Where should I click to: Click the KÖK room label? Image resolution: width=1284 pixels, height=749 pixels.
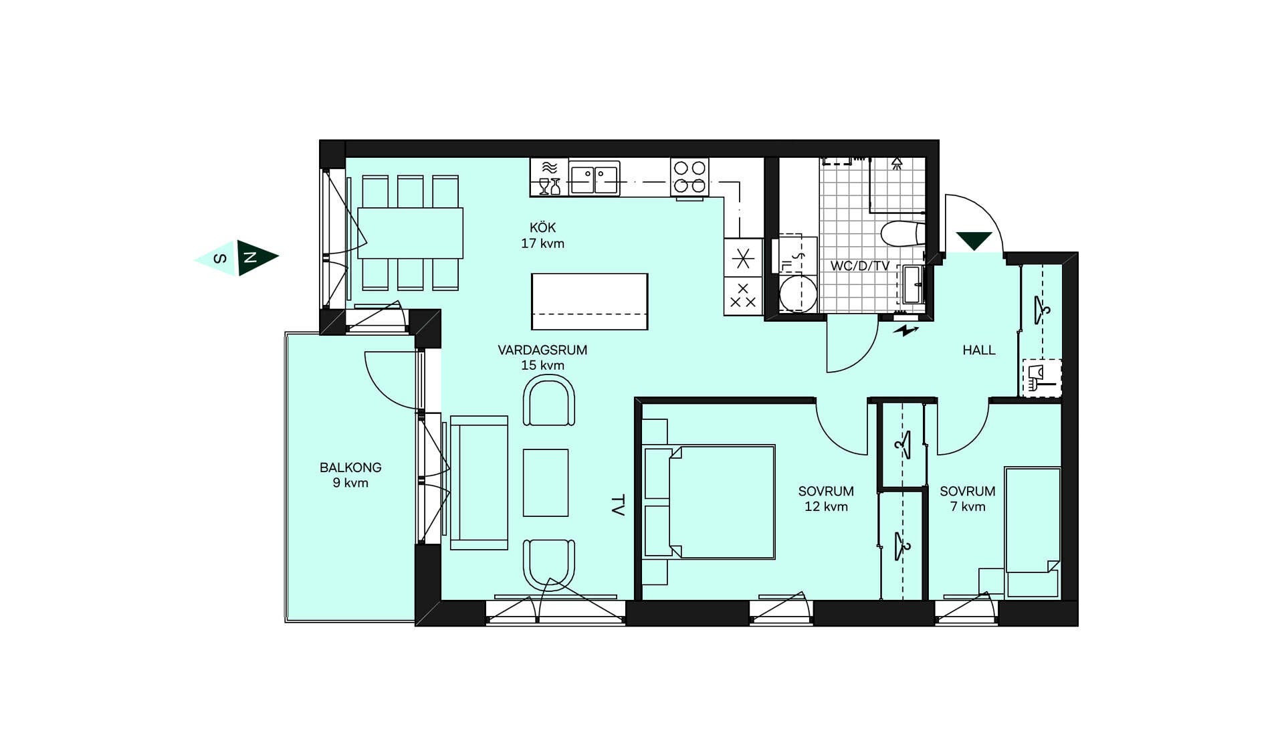pyautogui.click(x=542, y=228)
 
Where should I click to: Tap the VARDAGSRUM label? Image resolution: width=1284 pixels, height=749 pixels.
pyautogui.click(x=542, y=350)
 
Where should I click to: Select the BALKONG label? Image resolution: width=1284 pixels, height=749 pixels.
pyautogui.click(x=350, y=467)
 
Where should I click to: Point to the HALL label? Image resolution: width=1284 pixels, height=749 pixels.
pyautogui.click(x=979, y=350)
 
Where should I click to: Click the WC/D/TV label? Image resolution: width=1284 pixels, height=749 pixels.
pyautogui.click(x=860, y=265)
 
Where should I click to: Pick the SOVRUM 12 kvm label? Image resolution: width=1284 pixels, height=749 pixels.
pyautogui.click(x=826, y=499)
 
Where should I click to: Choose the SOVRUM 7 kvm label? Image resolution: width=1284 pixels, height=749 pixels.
pyautogui.click(x=968, y=499)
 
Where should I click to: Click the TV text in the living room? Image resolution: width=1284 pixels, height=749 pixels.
pyautogui.click(x=618, y=505)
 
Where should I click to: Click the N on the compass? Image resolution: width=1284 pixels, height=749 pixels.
pyautogui.click(x=250, y=257)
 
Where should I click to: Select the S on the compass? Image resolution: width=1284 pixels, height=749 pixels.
pyautogui.click(x=220, y=258)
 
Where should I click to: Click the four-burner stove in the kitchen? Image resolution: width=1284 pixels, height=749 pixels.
pyautogui.click(x=689, y=177)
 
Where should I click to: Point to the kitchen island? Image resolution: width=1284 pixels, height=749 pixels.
pyautogui.click(x=590, y=302)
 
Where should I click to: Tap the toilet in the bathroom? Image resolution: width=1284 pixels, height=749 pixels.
pyautogui.click(x=903, y=234)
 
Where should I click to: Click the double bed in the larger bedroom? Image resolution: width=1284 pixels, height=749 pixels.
pyautogui.click(x=709, y=502)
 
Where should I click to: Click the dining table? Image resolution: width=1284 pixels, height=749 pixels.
pyautogui.click(x=410, y=233)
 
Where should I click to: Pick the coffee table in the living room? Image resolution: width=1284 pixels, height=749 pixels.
pyautogui.click(x=546, y=483)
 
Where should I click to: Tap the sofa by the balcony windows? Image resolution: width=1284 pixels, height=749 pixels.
pyautogui.click(x=479, y=483)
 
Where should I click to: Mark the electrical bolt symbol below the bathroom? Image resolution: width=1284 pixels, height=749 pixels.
pyautogui.click(x=906, y=330)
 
